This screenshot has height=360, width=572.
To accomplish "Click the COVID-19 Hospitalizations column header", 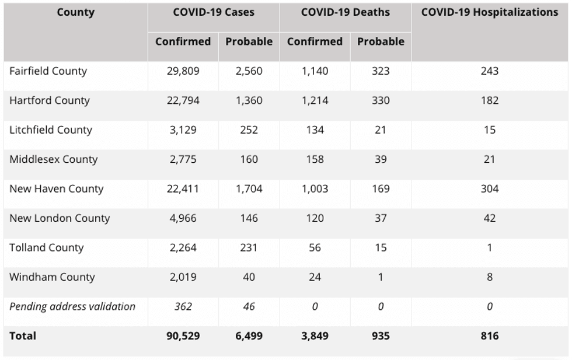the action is (490, 12).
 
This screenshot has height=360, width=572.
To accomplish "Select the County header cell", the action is (75, 12).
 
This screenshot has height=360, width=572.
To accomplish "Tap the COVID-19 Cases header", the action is (214, 12).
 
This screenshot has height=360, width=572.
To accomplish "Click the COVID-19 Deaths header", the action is (345, 12).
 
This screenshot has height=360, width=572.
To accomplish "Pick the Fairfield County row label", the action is (48, 71).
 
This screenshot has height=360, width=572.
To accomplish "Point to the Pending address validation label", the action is (72, 306).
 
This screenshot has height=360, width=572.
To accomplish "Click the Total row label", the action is (23, 335).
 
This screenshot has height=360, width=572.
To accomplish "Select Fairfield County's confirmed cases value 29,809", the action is (183, 71).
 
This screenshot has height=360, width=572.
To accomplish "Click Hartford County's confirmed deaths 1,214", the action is (315, 100).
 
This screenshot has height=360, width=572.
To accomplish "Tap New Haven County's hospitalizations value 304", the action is (490, 188).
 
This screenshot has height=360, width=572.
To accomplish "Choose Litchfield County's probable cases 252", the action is (249, 130).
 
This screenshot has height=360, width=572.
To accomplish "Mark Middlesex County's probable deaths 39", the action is (381, 159).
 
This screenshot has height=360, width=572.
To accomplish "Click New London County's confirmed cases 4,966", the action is (183, 218).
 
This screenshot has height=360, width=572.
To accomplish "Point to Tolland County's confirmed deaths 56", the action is (315, 247).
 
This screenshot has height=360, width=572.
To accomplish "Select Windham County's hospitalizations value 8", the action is (490, 277).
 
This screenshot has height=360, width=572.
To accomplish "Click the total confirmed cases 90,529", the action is (183, 335).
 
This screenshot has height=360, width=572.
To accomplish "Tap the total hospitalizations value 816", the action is (490, 335).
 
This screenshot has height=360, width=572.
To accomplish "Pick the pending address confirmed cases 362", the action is (183, 306).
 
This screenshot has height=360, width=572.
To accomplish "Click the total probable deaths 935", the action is (381, 335).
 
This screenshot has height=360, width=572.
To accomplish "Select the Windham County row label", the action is (52, 277).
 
